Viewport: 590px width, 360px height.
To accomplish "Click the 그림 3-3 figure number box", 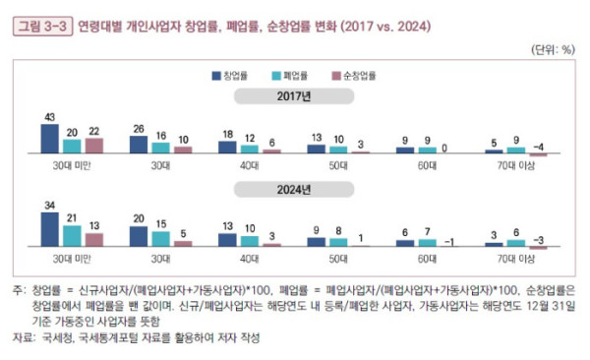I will pos(40,26).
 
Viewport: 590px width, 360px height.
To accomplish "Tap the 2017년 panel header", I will pos(294,96).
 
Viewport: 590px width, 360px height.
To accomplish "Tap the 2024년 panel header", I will pos(294,188).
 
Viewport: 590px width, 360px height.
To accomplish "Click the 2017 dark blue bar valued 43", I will pos(49,139).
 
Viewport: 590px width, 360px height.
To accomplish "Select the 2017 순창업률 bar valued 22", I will pos(93,146).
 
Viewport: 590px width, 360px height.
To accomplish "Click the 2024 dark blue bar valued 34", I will pos(49,228).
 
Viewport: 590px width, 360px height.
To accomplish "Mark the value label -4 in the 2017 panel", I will pos(541,148).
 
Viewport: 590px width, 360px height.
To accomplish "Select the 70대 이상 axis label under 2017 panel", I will pos(516,166).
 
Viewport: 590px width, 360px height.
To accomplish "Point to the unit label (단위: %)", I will pos(553,48).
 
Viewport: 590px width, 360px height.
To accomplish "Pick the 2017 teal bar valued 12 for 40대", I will pos(250,149).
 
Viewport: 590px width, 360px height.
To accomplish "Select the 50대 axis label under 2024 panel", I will pos(338,258).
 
